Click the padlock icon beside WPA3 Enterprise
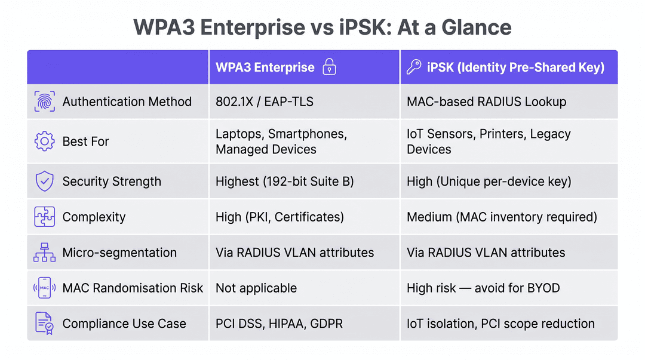tap(329, 67)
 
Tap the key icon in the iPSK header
tap(414, 67)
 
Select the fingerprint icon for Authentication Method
tap(44, 101)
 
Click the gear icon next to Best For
tap(44, 141)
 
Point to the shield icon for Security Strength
tap(44, 181)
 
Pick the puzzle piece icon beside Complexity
tap(44, 217)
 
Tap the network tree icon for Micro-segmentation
tap(44, 252)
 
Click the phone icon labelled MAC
tap(44, 288)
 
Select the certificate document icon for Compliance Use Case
tap(44, 324)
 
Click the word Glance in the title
tap(477, 27)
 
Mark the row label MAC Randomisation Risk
tap(133, 288)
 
